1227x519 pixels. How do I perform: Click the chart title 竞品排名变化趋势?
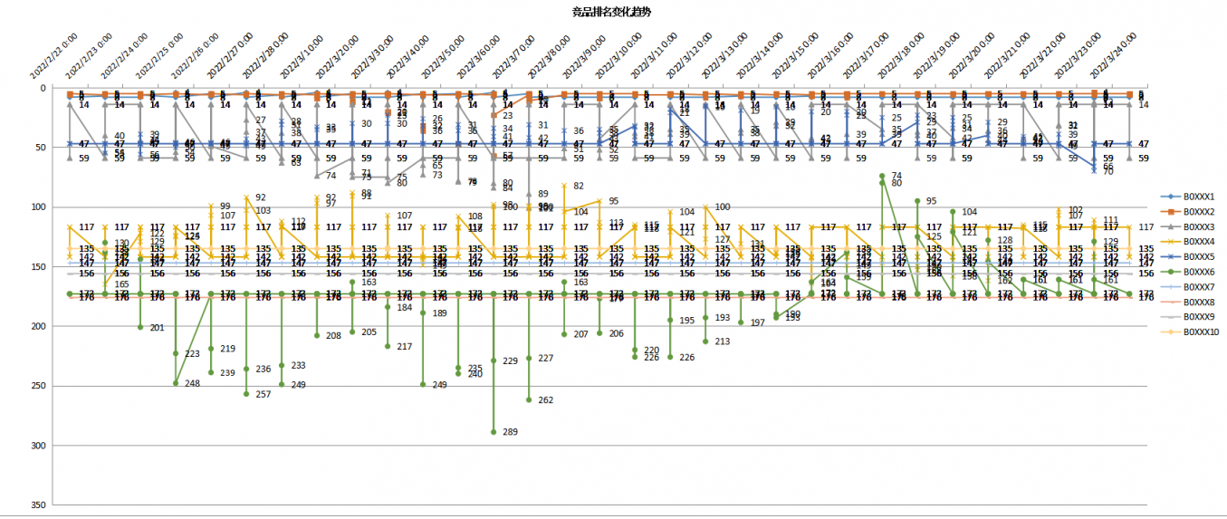tap(612, 12)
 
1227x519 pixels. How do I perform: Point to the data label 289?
tap(511, 433)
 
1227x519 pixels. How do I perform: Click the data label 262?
tap(546, 400)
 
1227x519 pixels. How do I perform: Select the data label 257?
tap(264, 395)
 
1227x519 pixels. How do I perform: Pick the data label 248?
tap(193, 384)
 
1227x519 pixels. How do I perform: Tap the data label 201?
tap(158, 328)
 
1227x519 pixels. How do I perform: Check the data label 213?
tap(723, 342)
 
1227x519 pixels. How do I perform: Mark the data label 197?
tap(758, 323)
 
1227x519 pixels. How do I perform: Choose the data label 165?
tap(122, 285)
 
